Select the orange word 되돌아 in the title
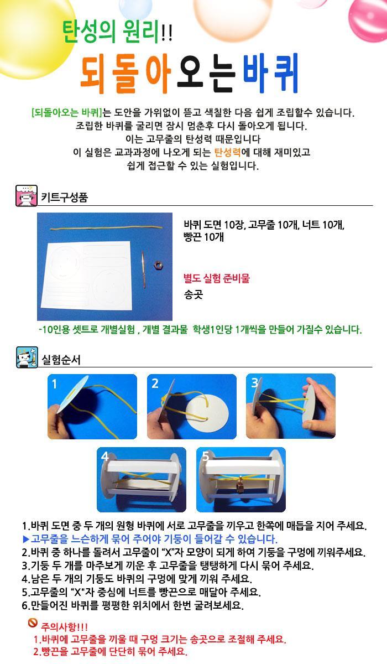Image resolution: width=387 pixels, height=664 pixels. (126, 74)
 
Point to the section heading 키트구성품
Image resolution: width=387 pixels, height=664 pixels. (65, 197)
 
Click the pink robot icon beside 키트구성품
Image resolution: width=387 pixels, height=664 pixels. (27, 196)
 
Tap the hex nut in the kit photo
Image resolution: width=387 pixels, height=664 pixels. (159, 264)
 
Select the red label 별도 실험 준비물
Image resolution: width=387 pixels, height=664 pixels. (217, 278)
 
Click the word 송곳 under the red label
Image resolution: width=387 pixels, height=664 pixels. (193, 294)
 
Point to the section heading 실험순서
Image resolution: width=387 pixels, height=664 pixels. (61, 360)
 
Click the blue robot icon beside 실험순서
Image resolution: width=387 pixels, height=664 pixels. (27, 357)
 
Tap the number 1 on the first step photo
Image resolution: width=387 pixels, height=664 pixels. (55, 384)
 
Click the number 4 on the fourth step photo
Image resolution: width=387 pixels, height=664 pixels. (104, 456)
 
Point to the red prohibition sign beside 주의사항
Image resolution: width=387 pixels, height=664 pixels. (33, 623)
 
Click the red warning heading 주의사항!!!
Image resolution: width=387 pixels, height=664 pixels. (64, 627)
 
